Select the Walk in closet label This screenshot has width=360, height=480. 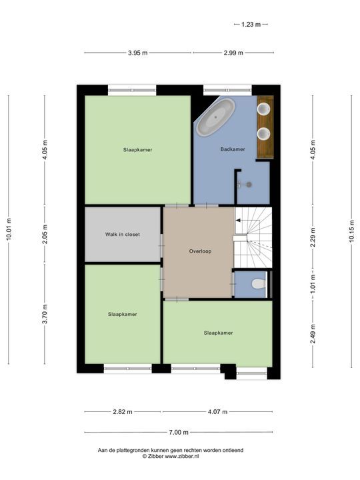point(123,235)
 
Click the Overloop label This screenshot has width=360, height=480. point(199,251)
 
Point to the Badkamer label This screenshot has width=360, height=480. point(233,149)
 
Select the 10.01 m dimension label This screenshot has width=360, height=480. point(9,230)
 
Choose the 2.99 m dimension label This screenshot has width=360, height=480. point(233,53)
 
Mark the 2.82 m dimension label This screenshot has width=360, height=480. point(121,412)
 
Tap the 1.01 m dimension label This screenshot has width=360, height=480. point(313,283)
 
